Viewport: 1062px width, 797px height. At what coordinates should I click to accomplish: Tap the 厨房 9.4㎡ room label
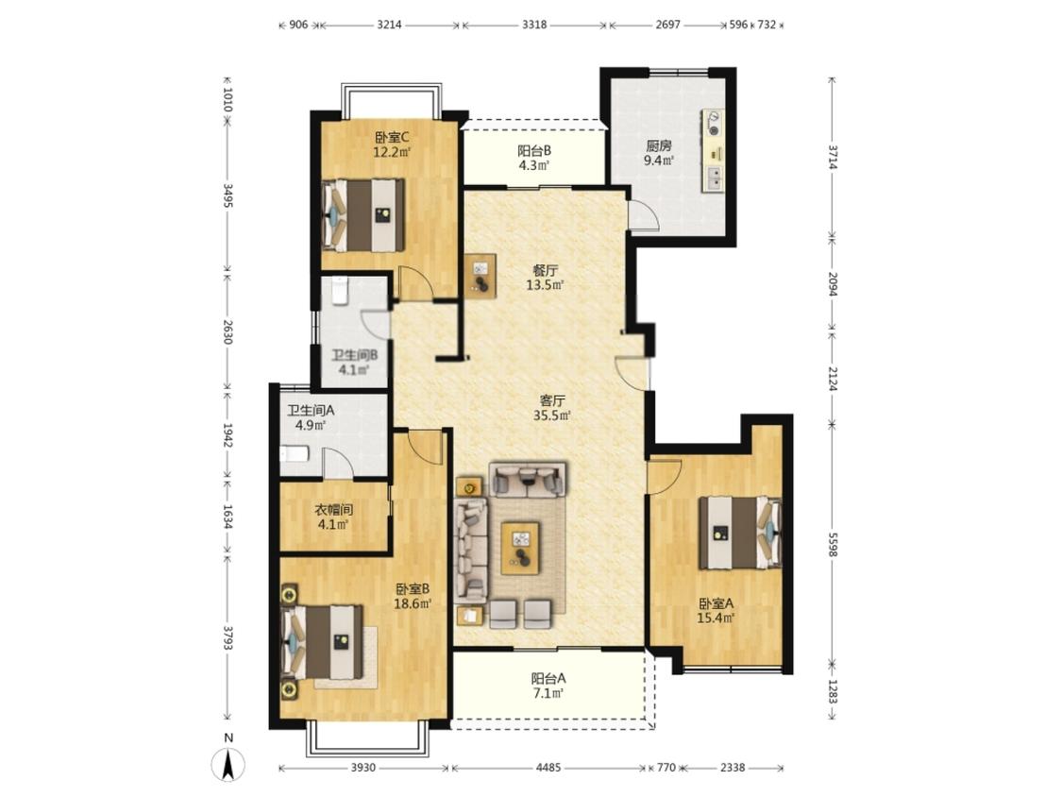(x=658, y=152)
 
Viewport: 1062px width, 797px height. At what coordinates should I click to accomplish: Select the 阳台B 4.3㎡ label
(x=534, y=158)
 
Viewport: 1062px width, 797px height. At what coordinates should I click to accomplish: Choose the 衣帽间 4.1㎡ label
(x=333, y=517)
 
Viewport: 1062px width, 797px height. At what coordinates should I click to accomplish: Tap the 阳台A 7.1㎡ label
(x=548, y=686)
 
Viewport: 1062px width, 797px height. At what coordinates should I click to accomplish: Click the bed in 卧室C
(x=363, y=215)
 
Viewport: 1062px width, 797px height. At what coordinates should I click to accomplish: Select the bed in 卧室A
(x=739, y=533)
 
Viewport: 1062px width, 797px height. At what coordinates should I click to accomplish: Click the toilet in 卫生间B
(x=340, y=291)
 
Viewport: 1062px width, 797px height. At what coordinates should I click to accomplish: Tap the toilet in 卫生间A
(x=294, y=453)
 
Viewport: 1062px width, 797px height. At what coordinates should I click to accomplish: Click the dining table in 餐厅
(x=480, y=276)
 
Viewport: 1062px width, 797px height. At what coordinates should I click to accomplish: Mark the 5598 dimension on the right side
(x=833, y=541)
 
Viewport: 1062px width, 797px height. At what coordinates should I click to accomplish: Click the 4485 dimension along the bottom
(x=548, y=767)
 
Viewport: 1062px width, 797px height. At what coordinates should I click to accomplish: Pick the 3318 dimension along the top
(x=534, y=25)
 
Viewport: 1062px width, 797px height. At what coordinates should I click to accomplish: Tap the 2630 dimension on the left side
(x=228, y=332)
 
